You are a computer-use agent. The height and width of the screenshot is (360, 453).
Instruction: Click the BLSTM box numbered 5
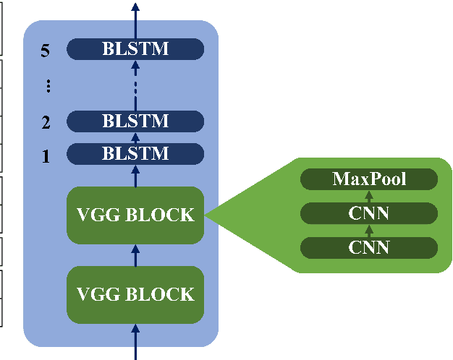[x=135, y=48]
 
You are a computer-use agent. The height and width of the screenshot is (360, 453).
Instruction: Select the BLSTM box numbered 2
[x=135, y=121]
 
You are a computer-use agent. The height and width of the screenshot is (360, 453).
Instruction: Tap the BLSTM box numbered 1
[x=135, y=153]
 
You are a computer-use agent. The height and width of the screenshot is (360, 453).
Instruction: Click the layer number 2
[x=46, y=122]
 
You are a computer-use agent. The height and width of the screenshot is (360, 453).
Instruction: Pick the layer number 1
[x=46, y=155]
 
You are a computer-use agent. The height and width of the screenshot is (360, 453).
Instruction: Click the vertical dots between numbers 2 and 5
[x=48, y=86]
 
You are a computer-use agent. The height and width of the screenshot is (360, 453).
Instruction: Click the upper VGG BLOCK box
[x=135, y=215]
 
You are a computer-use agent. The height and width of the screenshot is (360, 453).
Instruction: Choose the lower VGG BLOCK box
[x=135, y=294]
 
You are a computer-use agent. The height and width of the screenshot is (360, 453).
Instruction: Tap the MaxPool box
[x=369, y=179]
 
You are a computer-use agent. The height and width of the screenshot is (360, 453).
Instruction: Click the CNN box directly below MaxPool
[x=369, y=213]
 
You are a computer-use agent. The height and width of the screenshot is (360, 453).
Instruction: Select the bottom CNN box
[x=369, y=247]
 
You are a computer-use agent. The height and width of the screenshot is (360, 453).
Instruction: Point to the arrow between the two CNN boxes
[x=369, y=230]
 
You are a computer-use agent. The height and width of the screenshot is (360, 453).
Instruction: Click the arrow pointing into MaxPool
[x=369, y=196]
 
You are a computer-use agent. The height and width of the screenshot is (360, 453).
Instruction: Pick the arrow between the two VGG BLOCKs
[x=135, y=254]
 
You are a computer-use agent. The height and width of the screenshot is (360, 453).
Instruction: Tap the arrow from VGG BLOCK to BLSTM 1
[x=135, y=176]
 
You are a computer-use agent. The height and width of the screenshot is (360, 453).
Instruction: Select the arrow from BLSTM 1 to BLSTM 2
[x=135, y=137]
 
